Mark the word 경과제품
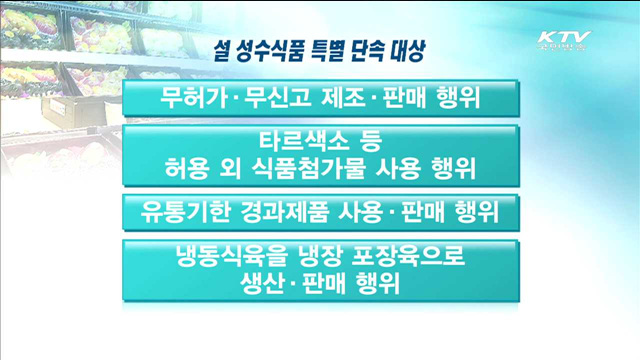click(x=293, y=212)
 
